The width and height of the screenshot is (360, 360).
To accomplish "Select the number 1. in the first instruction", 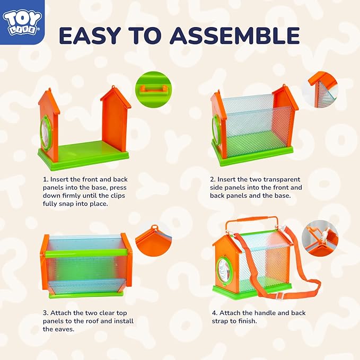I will click(46, 180).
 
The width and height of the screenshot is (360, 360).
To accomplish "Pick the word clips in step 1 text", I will click(117, 196).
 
